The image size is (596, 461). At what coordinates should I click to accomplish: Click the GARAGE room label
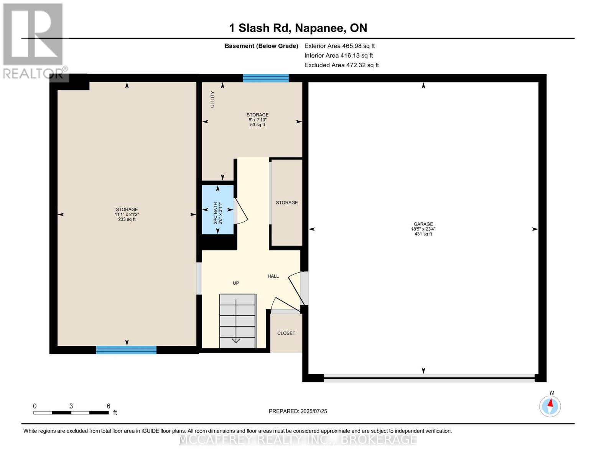pyautogui.click(x=423, y=224)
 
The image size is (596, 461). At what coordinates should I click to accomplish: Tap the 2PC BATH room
pyautogui.click(x=218, y=210)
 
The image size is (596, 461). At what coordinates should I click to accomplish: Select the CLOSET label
pyautogui.click(x=286, y=333)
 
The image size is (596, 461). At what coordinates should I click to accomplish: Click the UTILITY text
pyautogui.click(x=212, y=99)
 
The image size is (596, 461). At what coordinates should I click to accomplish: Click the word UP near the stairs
pyautogui.click(x=236, y=283)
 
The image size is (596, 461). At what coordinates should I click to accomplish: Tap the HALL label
pyautogui.click(x=273, y=276)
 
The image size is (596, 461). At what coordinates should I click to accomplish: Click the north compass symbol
pyautogui.click(x=550, y=406)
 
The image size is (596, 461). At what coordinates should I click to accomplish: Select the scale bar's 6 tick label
pyautogui.click(x=109, y=406)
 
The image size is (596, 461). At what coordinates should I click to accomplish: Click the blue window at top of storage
pyautogui.click(x=265, y=78)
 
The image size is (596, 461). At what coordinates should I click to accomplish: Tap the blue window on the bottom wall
pyautogui.click(x=126, y=350)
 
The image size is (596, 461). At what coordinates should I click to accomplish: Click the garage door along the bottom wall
pyautogui.click(x=429, y=378)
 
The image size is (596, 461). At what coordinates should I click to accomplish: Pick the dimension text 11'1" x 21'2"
pyautogui.click(x=127, y=215)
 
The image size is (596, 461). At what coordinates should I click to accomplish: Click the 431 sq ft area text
pyautogui.click(x=423, y=234)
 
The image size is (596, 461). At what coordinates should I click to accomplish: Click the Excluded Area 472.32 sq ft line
pyautogui.click(x=341, y=65)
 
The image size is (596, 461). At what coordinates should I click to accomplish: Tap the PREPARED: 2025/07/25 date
pyautogui.click(x=298, y=411)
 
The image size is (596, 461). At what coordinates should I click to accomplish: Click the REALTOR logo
pyautogui.click(x=34, y=41)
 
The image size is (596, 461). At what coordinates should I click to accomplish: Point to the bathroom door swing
pyautogui.click(x=242, y=211)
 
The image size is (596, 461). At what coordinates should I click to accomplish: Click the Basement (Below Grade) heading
pyautogui.click(x=261, y=46)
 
